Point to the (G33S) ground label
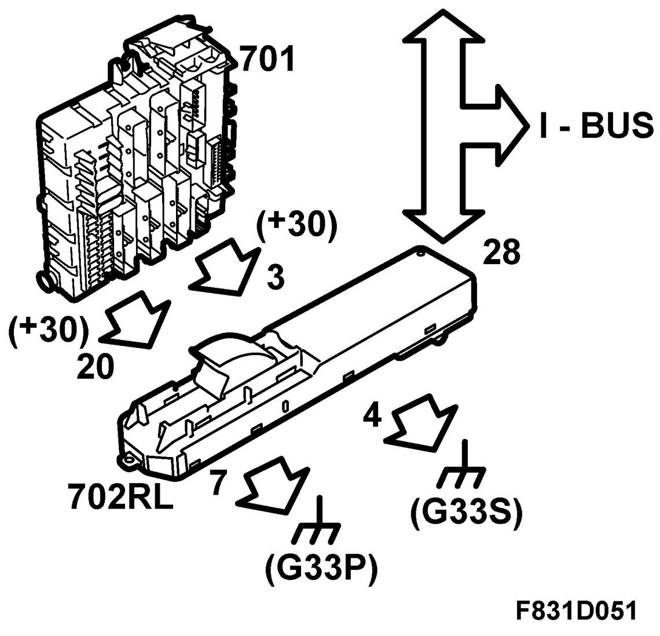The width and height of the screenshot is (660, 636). [x=467, y=510]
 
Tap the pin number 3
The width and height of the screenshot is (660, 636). [x=276, y=278]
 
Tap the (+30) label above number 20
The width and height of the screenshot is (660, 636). [x=49, y=331]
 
